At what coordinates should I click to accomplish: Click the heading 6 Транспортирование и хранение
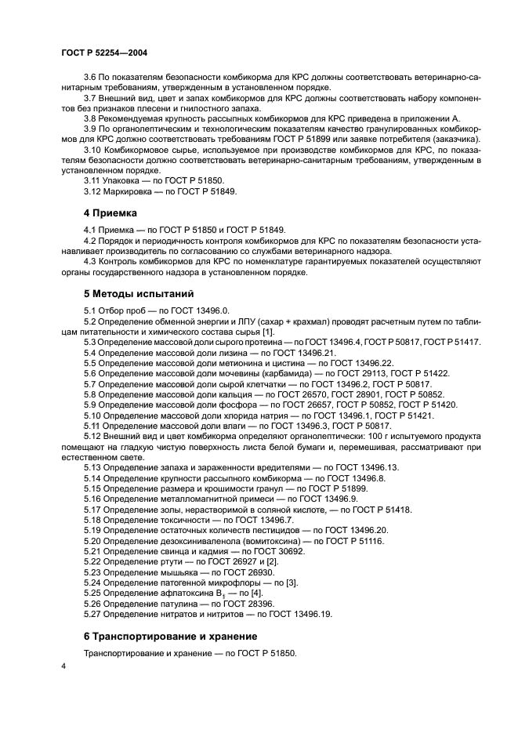click(x=171, y=636)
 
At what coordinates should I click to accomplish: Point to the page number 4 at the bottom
click(x=63, y=665)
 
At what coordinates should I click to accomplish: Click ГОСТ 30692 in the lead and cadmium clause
click(x=272, y=550)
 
